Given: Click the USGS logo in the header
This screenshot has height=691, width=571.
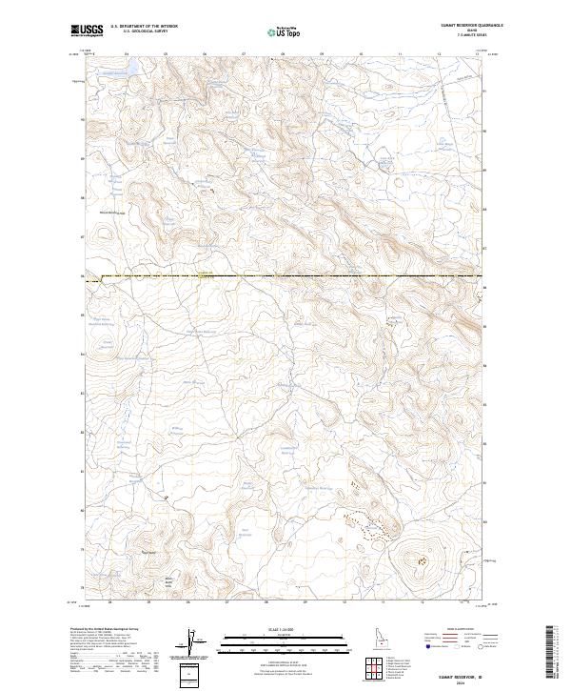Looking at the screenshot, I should [86, 31].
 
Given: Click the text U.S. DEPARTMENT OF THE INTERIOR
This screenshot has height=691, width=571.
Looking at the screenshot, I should [144, 27].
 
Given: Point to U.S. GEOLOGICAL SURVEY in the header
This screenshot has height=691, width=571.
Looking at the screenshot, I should [144, 31].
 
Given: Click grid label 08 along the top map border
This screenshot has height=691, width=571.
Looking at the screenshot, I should [283, 53].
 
